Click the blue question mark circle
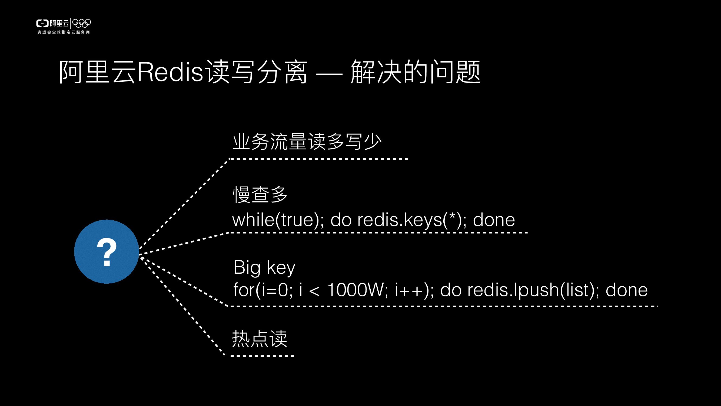click(106, 252)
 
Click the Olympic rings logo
click(82, 23)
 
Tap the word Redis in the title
click(170, 73)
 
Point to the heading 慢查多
click(260, 194)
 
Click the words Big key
click(264, 268)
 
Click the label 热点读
click(260, 339)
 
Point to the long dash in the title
click(329, 74)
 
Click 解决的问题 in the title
click(415, 72)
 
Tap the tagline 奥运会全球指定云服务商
click(64, 32)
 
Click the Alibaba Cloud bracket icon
click(42, 23)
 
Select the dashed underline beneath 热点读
click(262, 356)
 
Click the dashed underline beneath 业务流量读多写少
click(318, 159)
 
